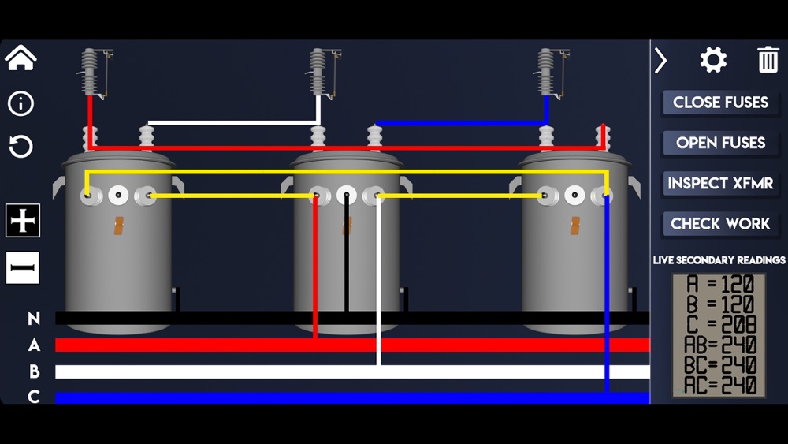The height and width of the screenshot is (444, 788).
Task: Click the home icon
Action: [x=20, y=58]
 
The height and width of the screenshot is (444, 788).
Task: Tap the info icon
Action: [x=20, y=103]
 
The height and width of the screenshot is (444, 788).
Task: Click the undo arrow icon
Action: [x=20, y=146]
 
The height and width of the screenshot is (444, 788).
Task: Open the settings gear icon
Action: [x=713, y=60]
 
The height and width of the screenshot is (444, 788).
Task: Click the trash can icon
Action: [x=768, y=60]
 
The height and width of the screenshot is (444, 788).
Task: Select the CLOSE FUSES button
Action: [x=720, y=103]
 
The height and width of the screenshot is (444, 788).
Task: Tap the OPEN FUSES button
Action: [x=720, y=143]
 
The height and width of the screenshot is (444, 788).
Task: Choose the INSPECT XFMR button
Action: [x=720, y=184]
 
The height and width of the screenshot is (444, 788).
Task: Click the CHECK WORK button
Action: [x=720, y=224]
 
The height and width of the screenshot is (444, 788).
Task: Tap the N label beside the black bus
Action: [x=34, y=319]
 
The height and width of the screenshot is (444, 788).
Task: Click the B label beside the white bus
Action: [x=34, y=371]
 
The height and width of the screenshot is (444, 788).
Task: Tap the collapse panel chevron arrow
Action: [x=661, y=60]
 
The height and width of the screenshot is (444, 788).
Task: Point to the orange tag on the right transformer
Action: [x=574, y=226]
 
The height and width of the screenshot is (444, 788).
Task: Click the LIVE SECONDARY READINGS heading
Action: [x=719, y=260]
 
